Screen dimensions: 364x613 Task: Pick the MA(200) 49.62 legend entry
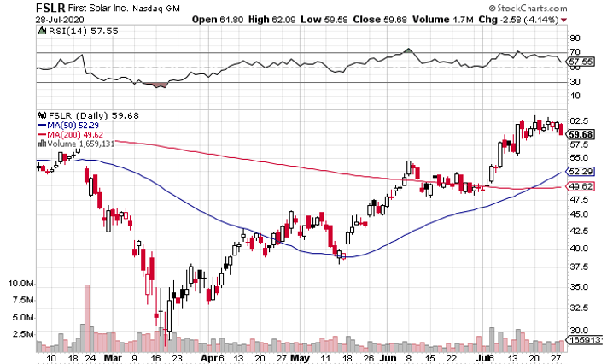[74, 134]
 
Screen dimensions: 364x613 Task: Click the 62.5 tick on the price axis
[581, 120]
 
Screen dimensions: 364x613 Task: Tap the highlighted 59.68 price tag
[581, 134]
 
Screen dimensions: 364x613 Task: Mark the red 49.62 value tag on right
[581, 186]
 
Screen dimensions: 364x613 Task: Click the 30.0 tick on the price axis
[581, 330]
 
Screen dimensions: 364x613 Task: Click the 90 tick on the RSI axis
[575, 38]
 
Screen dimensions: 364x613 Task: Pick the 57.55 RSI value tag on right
[581, 62]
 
